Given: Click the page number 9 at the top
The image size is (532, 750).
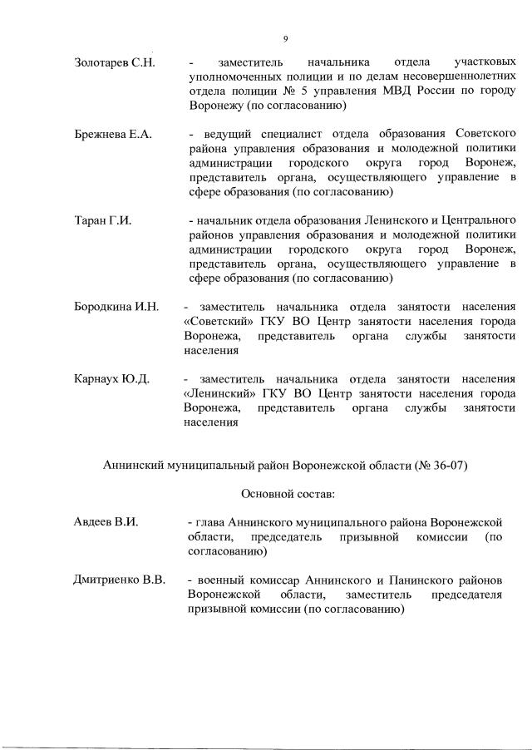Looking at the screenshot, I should (x=284, y=39).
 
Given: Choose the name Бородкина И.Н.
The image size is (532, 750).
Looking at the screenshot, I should (x=116, y=307).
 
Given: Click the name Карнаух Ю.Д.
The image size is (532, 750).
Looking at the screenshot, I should (x=112, y=379).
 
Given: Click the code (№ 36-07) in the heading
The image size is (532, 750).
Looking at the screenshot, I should (x=441, y=466).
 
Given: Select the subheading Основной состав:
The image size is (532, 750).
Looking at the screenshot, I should (x=288, y=494).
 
